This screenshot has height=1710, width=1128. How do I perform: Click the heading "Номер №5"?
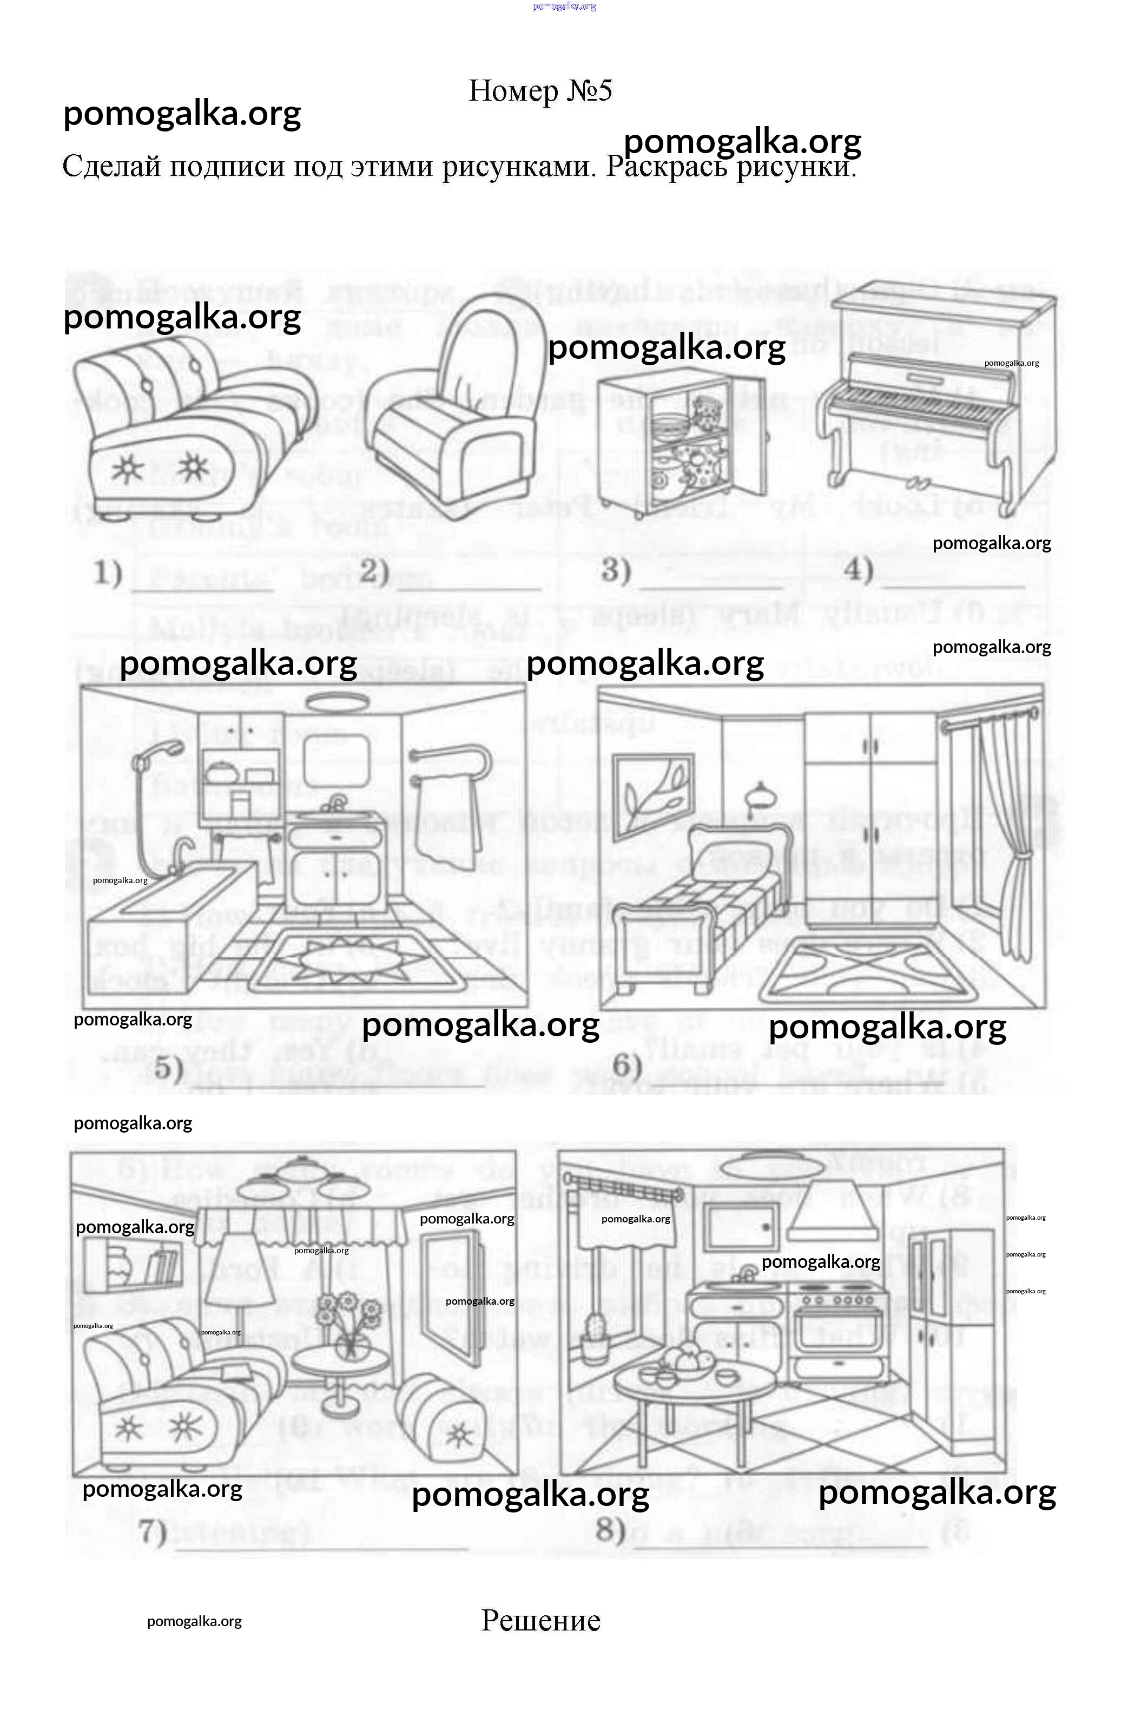click(540, 91)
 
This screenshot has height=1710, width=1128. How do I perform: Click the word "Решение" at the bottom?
click(540, 1620)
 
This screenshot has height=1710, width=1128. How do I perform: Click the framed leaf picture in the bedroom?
click(652, 791)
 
